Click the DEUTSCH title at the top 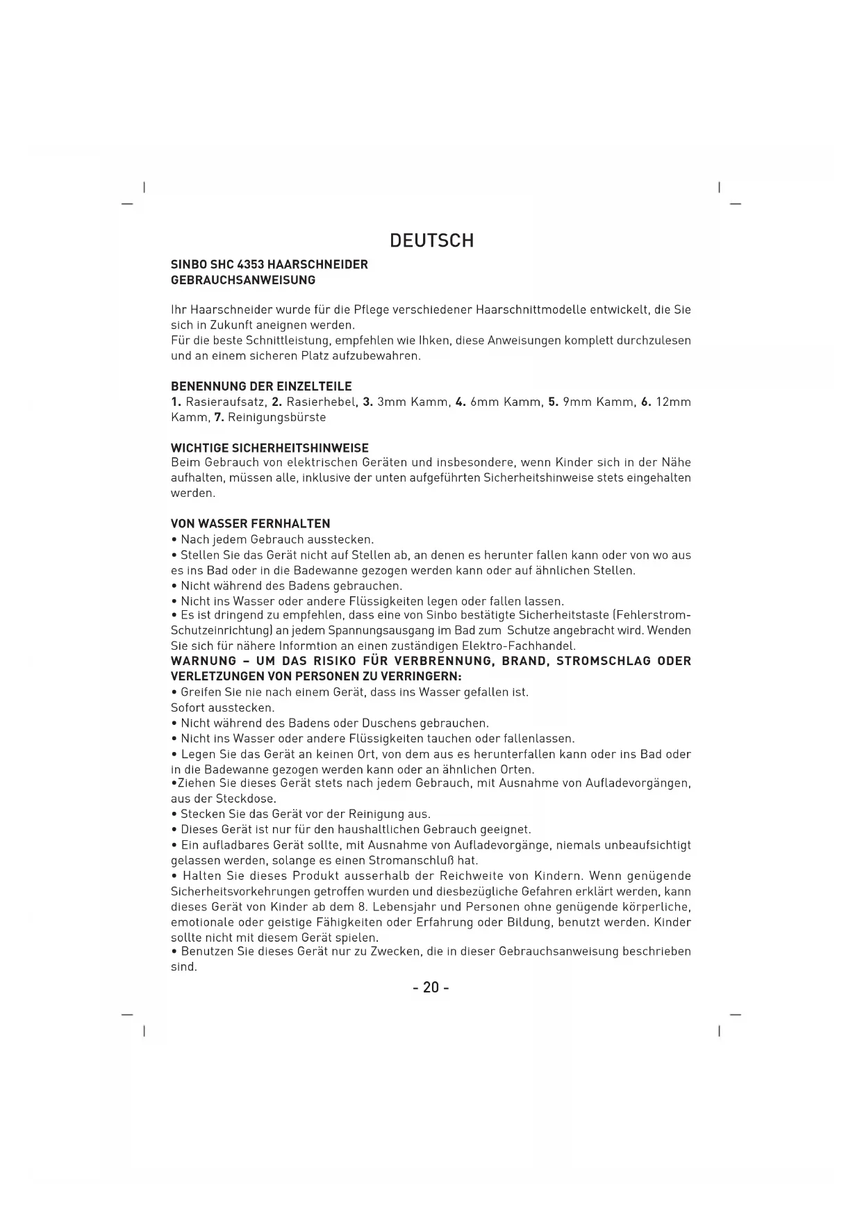point(431,241)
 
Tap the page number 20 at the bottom point(431,987)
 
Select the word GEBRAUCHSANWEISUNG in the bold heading point(243,280)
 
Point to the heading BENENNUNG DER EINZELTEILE point(261,386)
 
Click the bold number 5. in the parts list point(554,402)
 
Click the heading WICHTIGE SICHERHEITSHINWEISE point(270,448)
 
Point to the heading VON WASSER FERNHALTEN point(251,524)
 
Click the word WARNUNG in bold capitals point(204,661)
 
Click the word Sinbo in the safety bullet point(440,616)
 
